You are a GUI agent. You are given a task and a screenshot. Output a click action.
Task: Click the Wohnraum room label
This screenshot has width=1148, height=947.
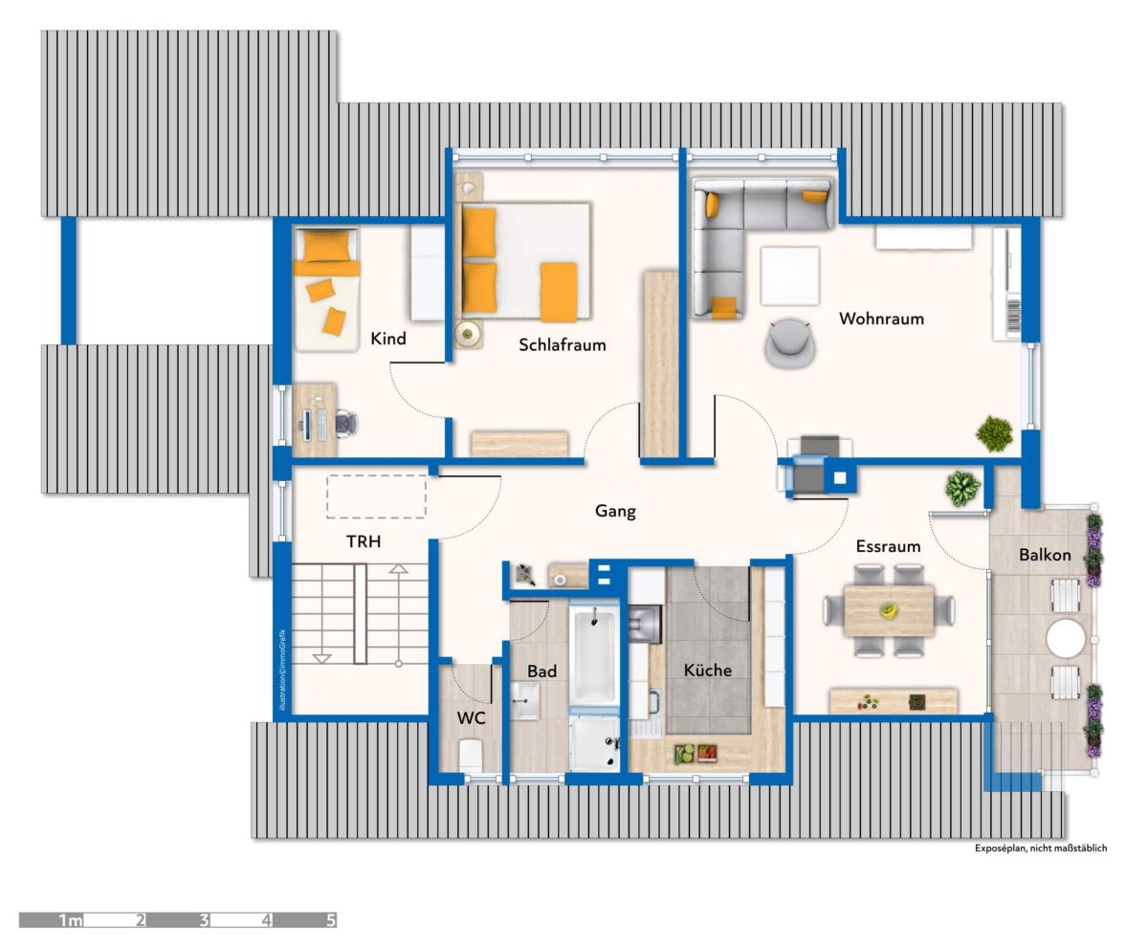pyautogui.click(x=881, y=319)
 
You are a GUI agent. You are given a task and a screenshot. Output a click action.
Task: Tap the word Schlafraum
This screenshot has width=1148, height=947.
pyautogui.click(x=562, y=344)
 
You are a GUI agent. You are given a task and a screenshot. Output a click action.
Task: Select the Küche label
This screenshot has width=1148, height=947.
pyautogui.click(x=708, y=670)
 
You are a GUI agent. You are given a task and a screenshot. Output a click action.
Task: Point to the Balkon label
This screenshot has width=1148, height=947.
pyautogui.click(x=1045, y=555)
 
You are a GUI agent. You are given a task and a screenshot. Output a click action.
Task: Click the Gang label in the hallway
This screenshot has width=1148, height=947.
pyautogui.click(x=615, y=512)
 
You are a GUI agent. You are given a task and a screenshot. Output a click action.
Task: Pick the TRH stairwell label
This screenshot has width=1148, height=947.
pyautogui.click(x=364, y=541)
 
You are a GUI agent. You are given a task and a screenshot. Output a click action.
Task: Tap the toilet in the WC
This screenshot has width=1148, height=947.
pyautogui.click(x=470, y=756)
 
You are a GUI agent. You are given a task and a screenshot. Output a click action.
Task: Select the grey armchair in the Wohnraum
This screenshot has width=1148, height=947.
pyautogui.click(x=789, y=343)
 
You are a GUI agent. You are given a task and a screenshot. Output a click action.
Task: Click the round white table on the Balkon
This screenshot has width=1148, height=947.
pyautogui.click(x=1066, y=638)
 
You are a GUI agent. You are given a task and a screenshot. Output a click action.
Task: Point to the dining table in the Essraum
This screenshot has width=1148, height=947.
pyautogui.click(x=889, y=610)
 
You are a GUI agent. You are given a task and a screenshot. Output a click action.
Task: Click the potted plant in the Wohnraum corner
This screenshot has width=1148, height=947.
pyautogui.click(x=994, y=434)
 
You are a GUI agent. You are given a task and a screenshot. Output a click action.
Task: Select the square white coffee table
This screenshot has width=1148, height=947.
pyautogui.click(x=789, y=275)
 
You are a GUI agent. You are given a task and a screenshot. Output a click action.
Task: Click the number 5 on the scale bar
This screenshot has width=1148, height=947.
pyautogui.click(x=330, y=920)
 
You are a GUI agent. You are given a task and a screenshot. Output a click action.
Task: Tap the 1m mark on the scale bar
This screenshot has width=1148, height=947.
pyautogui.click(x=71, y=920)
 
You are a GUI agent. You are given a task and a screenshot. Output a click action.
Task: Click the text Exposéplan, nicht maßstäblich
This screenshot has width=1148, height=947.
pyautogui.click(x=1041, y=848)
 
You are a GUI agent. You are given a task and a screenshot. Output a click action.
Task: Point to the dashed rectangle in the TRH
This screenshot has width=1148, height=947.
pyautogui.click(x=376, y=496)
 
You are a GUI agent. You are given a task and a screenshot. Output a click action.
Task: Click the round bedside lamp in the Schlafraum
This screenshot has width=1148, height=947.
pyautogui.click(x=468, y=333)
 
